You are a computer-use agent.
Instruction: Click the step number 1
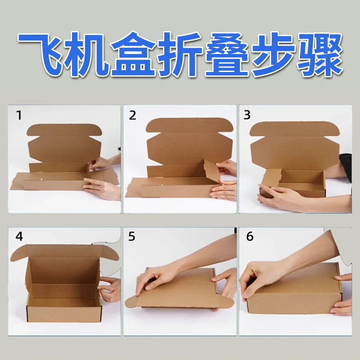tap(19, 115)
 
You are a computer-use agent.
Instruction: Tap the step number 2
tap(132, 115)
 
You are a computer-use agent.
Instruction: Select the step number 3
tap(247, 115)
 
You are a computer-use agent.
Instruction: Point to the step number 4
tap(19, 236)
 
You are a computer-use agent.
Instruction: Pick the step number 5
tap(132, 236)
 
